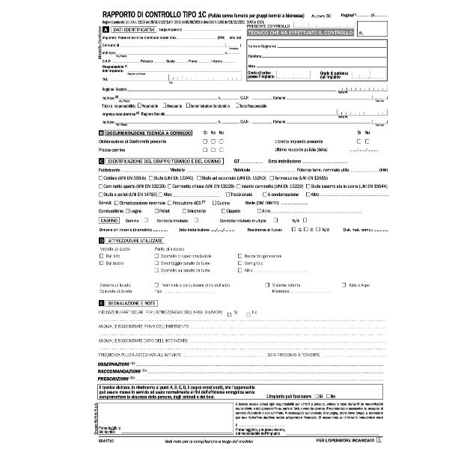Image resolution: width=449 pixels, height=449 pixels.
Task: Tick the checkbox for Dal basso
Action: coord(101,263)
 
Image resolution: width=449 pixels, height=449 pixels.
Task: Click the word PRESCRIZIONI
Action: coord(113,377)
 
